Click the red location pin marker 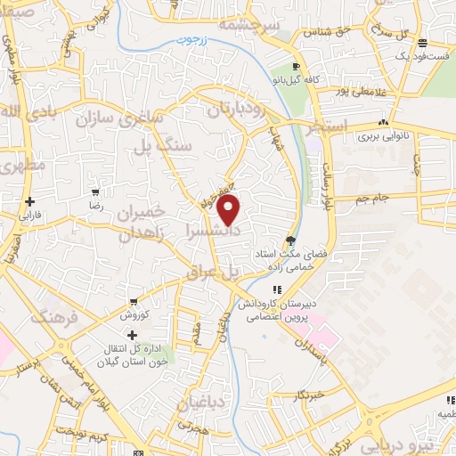click(230, 210)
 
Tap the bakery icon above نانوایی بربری click(384, 122)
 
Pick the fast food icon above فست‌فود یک click(421, 42)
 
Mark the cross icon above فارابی click(30, 201)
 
